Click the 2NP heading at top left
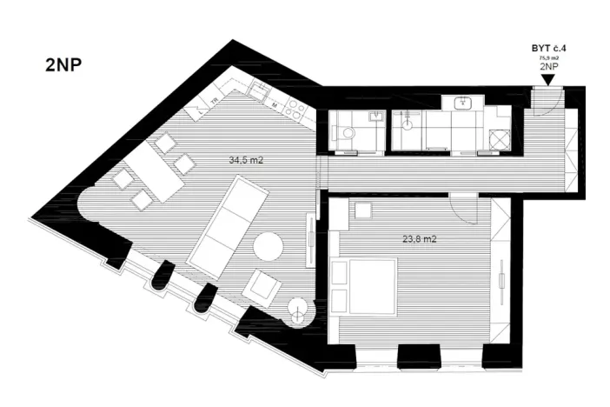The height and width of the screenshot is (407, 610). point(63,67)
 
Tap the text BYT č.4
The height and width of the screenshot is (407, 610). point(547,50)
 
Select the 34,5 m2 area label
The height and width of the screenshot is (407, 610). point(246,160)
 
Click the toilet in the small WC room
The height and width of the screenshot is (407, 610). point(347,132)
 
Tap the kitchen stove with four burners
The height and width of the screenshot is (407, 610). point(297,109)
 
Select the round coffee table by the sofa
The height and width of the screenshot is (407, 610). point(268,248)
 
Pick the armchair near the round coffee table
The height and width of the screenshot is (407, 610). point(263,285)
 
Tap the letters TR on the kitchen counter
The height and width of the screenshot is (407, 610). point(214,101)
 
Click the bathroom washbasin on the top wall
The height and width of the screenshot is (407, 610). point(465,103)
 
